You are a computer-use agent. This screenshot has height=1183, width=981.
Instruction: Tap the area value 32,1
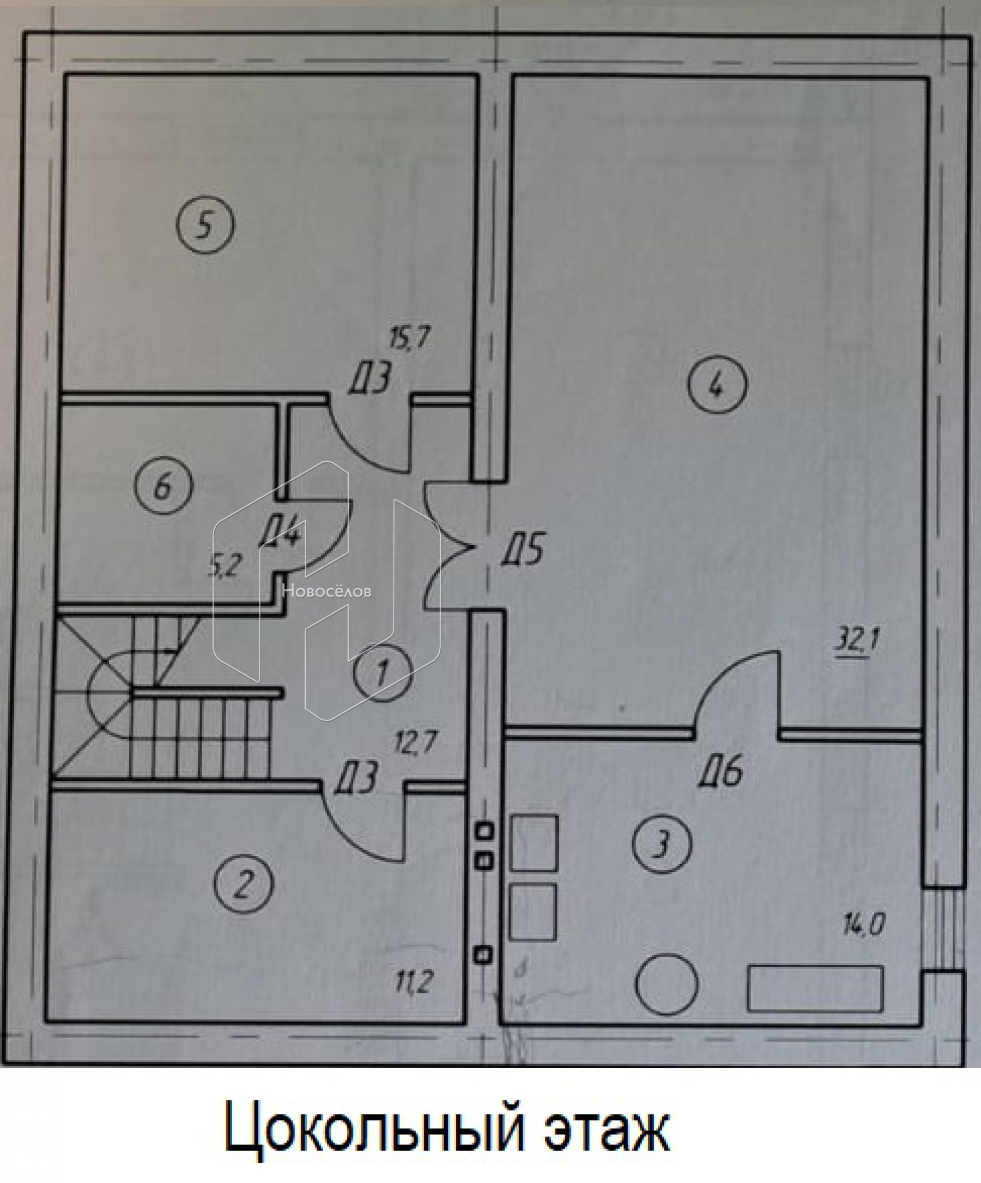855,642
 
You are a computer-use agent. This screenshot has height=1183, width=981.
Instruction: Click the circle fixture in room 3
667,985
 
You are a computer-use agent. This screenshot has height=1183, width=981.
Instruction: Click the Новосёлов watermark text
326,591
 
